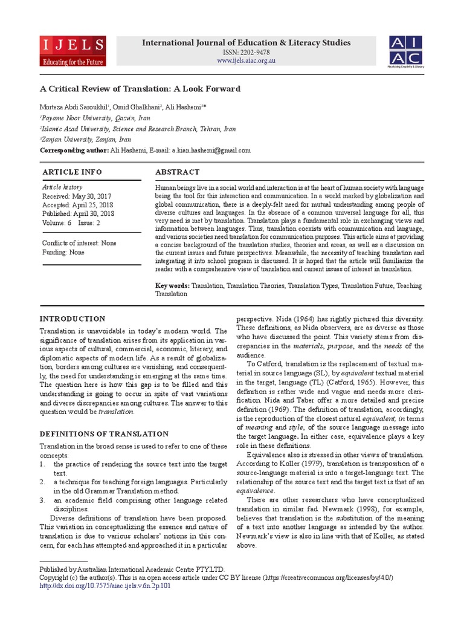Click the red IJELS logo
point(73,51)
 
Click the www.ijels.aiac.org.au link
point(245,61)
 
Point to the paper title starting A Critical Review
point(140,88)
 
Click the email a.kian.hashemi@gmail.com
point(211,151)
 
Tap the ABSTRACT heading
point(177,172)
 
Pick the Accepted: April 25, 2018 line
point(78,205)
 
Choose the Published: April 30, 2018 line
point(78,213)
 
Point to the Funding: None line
point(63,252)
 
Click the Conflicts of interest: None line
point(79,243)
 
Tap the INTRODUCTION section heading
point(72,319)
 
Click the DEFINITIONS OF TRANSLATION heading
point(104,433)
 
